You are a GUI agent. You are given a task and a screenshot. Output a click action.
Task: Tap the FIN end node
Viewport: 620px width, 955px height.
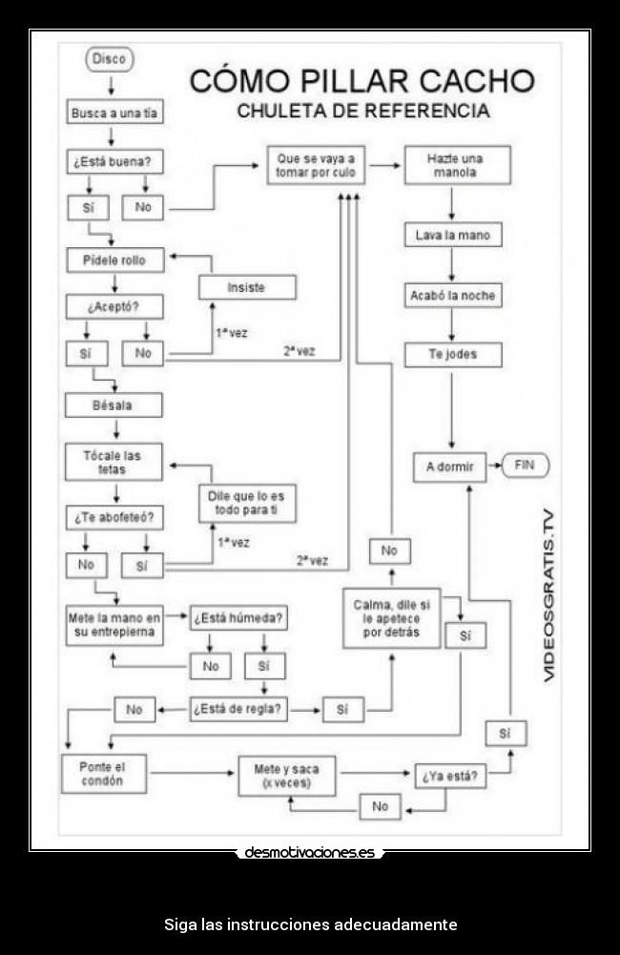pyautogui.click(x=525, y=466)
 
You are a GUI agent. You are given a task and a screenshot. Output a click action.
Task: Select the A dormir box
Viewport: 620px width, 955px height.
pyautogui.click(x=449, y=467)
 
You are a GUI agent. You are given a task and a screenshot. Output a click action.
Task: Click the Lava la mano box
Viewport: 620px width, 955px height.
pyautogui.click(x=452, y=235)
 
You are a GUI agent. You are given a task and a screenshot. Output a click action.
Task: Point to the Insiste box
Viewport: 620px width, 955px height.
pyautogui.click(x=246, y=287)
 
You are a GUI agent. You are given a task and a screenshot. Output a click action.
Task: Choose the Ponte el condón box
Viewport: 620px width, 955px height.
pyautogui.click(x=105, y=774)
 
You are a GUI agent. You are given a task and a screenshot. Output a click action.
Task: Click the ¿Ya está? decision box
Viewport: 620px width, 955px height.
pyautogui.click(x=450, y=776)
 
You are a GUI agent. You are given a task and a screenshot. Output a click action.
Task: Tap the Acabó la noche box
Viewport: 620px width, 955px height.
pyautogui.click(x=452, y=296)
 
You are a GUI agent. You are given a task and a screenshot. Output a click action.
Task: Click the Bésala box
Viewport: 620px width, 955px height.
pyautogui.click(x=114, y=405)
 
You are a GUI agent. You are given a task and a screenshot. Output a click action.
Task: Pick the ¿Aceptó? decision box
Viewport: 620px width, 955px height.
pyautogui.click(x=114, y=307)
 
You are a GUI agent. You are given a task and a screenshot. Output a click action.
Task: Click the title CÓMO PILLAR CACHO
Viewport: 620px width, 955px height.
pyautogui.click(x=362, y=81)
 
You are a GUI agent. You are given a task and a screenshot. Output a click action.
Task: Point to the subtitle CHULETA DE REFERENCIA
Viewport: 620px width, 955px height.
pyautogui.click(x=362, y=111)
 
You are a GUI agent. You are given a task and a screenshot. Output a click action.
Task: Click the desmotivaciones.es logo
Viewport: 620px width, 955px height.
pyautogui.click(x=310, y=852)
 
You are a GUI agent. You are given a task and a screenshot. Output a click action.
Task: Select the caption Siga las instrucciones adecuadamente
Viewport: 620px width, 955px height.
pyautogui.click(x=310, y=924)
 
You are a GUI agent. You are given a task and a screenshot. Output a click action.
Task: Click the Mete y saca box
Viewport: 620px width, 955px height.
pyautogui.click(x=286, y=776)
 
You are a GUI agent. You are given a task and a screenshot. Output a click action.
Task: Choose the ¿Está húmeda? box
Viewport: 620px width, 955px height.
pyautogui.click(x=238, y=618)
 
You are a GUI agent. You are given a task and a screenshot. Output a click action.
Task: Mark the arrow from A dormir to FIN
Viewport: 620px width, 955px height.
pyautogui.click(x=493, y=467)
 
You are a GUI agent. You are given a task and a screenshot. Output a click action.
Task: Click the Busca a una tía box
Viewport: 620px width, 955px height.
pyautogui.click(x=114, y=113)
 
